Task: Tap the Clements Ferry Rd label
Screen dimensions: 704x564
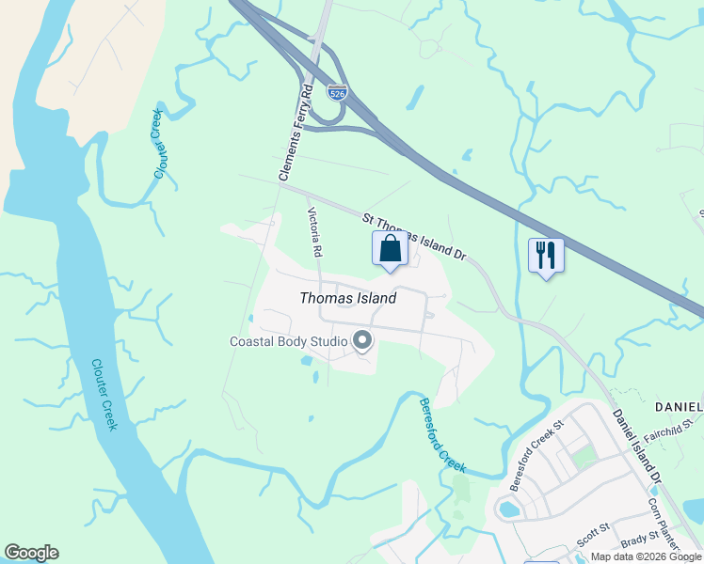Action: pyautogui.click(x=295, y=133)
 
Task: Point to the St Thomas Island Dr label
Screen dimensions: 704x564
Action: pyautogui.click(x=414, y=237)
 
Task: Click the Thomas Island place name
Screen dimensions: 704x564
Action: pyautogui.click(x=347, y=298)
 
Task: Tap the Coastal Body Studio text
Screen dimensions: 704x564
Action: pyautogui.click(x=288, y=341)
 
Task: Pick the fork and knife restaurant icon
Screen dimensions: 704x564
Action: pyautogui.click(x=546, y=255)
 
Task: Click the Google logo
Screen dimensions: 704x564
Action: pyautogui.click(x=31, y=553)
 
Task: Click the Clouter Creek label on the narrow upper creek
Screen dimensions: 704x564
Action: pyautogui.click(x=158, y=143)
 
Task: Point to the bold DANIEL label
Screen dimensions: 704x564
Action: pyautogui.click(x=679, y=406)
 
